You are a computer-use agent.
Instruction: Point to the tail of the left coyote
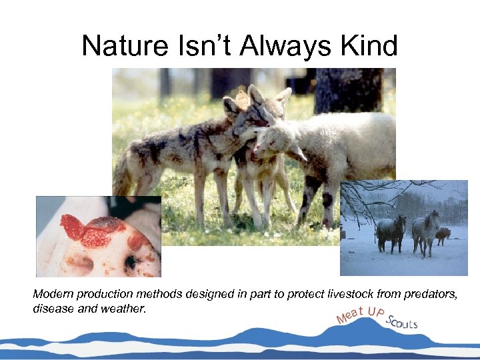pos(123,177)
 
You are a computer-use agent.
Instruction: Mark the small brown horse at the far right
pos(444,234)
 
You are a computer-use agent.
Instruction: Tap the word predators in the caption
pos(429,294)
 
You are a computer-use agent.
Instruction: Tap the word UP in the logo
pos(377,311)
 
